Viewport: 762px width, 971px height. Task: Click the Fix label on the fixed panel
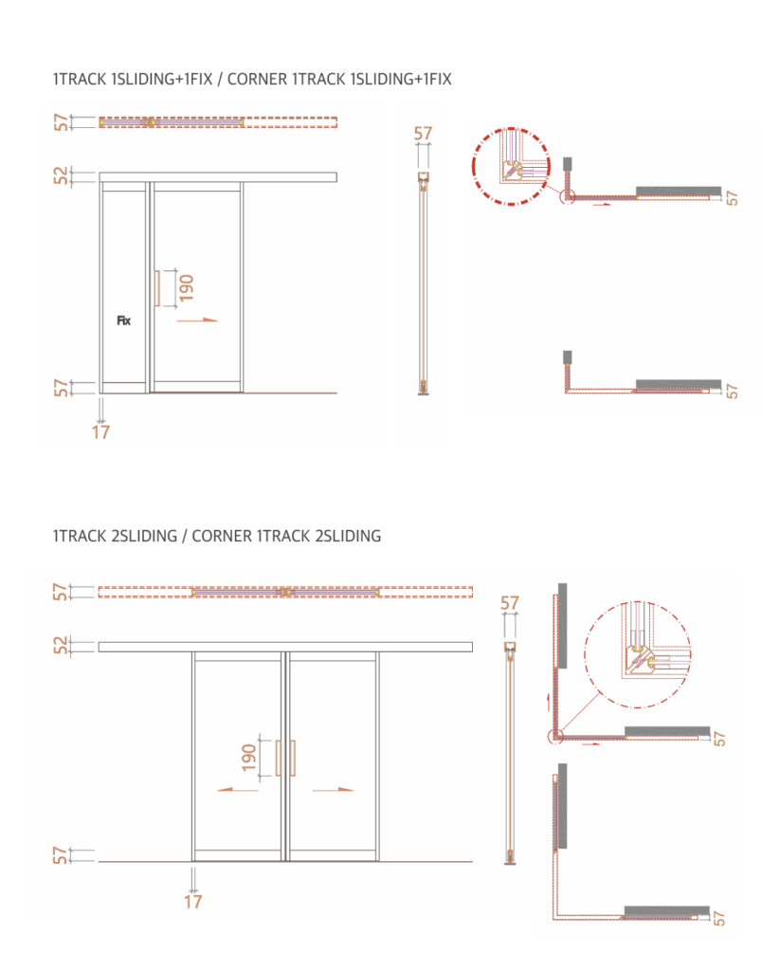pos(124,321)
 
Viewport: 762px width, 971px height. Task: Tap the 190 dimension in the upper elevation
pos(186,288)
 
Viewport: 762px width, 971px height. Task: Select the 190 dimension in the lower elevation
pos(249,758)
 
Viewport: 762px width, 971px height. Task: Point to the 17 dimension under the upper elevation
pos(100,431)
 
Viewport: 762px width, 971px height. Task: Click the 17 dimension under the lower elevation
pos(193,901)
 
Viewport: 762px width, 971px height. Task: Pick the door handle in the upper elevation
pos(157,288)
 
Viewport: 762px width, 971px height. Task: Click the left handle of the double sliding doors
pos(278,758)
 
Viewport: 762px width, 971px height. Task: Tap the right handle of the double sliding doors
pos(292,758)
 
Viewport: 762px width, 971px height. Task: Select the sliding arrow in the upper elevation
pos(197,321)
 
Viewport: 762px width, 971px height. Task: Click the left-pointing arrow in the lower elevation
pos(238,790)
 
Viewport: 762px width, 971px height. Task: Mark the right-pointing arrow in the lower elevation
pos(333,790)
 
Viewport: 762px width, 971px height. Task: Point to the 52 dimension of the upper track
pos(61,176)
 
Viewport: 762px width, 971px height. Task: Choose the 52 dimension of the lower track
pos(61,646)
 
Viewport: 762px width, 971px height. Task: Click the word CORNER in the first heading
pos(258,80)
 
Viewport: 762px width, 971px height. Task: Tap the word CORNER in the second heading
pos(222,537)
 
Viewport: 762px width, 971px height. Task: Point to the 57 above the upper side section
pos(424,133)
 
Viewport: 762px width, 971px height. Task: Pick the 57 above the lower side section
pos(510,602)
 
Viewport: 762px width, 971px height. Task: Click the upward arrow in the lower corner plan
pos(548,703)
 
